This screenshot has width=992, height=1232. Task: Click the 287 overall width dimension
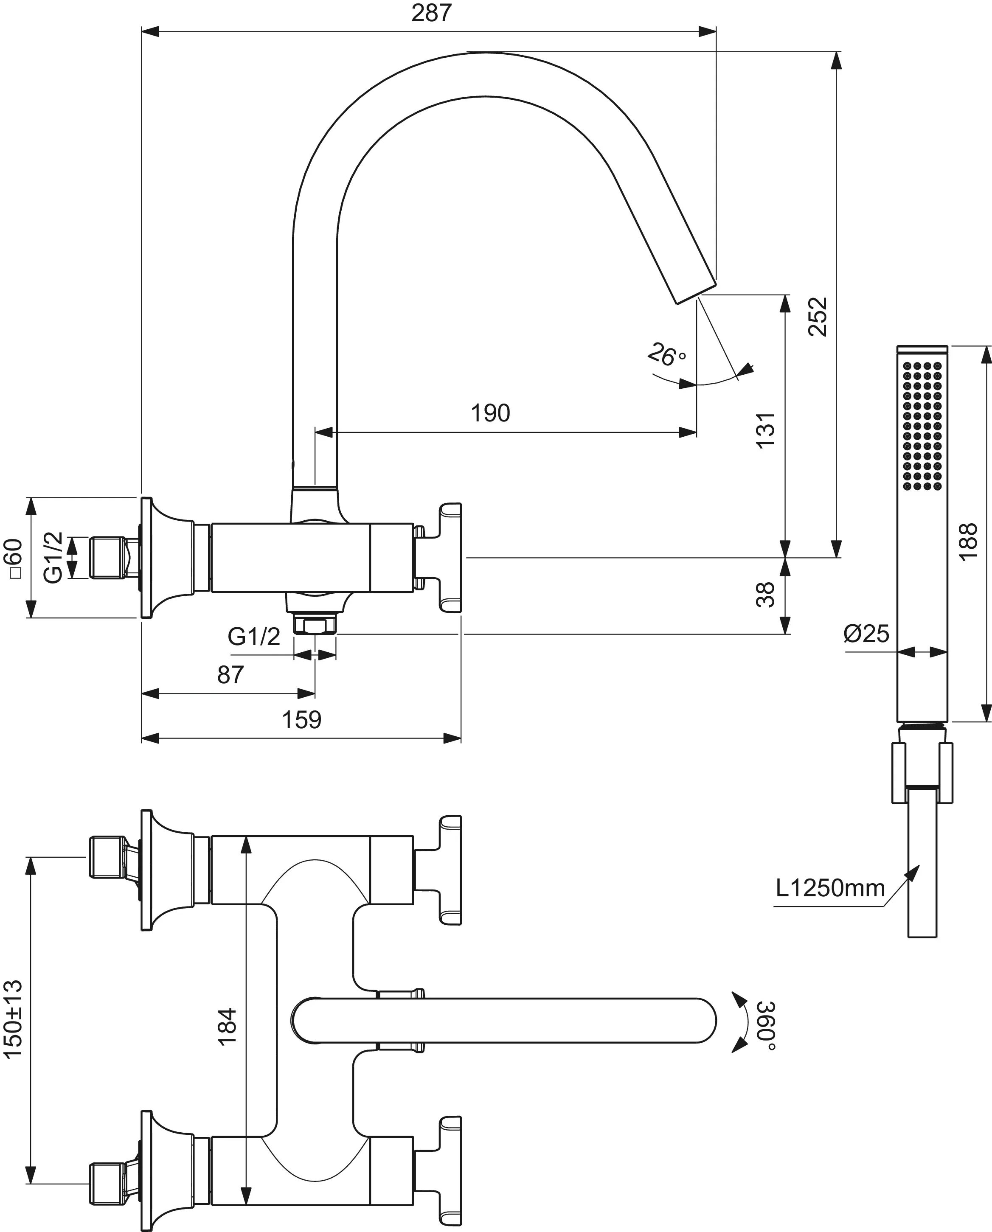431,13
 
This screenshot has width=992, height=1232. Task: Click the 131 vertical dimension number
765,430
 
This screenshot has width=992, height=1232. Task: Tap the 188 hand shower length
968,542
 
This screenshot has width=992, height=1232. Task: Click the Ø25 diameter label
866,634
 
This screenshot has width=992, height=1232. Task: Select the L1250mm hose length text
830,888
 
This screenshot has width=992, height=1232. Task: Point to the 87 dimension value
230,675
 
